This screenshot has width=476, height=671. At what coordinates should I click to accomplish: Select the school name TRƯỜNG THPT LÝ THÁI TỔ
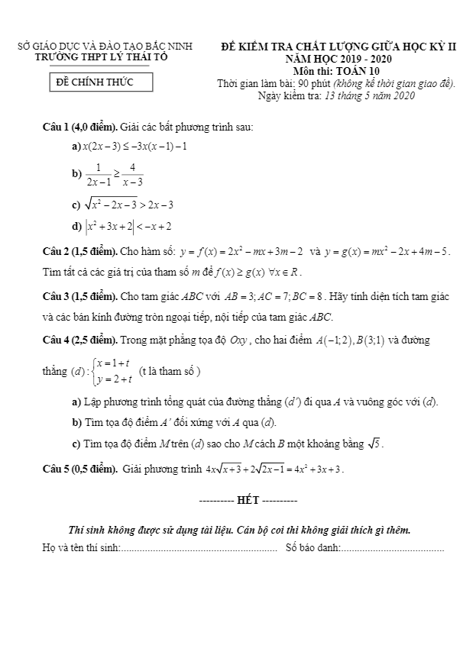pyautogui.click(x=105, y=57)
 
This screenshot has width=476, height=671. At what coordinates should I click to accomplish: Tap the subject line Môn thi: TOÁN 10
pyautogui.click(x=337, y=71)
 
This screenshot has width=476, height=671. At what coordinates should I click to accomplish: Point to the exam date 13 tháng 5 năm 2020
pyautogui.click(x=370, y=95)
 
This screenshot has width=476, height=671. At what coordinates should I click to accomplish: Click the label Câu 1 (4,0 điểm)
pyautogui.click(x=79, y=127)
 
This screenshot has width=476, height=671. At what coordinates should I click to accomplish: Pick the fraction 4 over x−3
pyautogui.click(x=131, y=174)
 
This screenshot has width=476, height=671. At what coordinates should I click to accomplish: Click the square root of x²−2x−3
pyautogui.click(x=112, y=204)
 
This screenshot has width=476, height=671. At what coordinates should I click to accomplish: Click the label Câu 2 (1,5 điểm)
pyautogui.click(x=79, y=251)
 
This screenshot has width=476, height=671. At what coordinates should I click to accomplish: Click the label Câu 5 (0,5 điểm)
pyautogui.click(x=79, y=468)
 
